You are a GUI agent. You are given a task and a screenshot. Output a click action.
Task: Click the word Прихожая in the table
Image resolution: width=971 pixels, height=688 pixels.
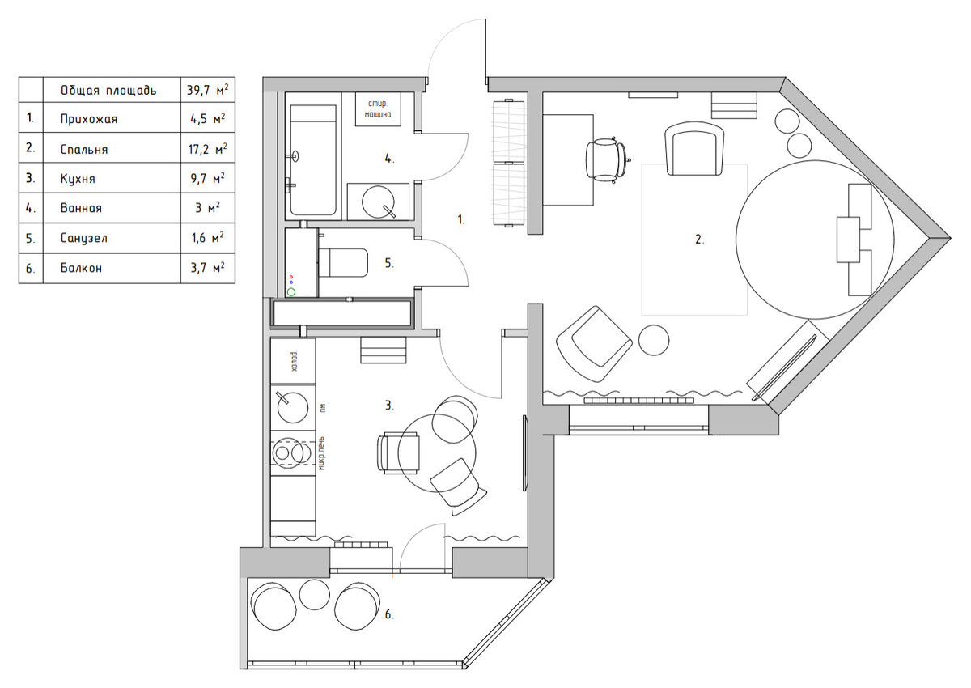(x=89, y=119)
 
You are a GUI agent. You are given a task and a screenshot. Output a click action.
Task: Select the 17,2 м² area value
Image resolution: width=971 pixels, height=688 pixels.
(x=207, y=148)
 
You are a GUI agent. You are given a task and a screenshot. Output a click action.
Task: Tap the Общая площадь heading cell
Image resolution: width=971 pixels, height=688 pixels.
(x=108, y=90)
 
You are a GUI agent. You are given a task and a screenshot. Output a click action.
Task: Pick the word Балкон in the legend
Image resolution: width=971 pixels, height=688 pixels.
(x=81, y=268)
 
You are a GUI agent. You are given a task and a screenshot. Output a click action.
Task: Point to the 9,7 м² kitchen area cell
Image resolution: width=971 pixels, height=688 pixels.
(x=208, y=178)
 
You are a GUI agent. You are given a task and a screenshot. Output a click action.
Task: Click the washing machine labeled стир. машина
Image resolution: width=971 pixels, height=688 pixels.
(x=378, y=109)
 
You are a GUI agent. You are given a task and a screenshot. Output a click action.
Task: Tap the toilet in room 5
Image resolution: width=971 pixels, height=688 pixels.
(x=343, y=263)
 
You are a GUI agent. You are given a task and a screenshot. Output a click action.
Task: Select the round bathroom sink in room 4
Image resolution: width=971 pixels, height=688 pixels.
(x=378, y=202)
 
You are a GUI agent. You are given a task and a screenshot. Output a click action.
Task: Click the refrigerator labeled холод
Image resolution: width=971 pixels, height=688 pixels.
(x=293, y=361)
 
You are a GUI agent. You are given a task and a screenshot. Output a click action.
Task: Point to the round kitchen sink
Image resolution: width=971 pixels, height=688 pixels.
(x=293, y=407)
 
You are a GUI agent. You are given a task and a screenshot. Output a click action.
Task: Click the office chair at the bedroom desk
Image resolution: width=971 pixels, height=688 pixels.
(x=605, y=159)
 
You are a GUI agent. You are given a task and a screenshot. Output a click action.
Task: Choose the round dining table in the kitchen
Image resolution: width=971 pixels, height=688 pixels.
(x=436, y=452)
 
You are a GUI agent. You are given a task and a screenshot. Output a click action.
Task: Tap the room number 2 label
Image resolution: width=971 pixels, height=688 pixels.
(x=699, y=239)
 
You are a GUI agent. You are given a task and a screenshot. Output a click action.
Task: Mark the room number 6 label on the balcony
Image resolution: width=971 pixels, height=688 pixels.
(x=389, y=614)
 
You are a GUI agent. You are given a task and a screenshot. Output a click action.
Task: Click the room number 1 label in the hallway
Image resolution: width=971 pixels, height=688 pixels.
(x=460, y=220)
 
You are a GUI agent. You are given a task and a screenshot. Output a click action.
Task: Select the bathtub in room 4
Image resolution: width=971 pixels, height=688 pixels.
(x=313, y=160)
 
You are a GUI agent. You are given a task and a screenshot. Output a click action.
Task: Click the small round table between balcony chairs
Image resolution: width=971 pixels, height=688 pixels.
(x=315, y=594)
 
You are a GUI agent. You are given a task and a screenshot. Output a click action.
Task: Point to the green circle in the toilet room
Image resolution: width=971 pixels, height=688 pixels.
(x=290, y=292)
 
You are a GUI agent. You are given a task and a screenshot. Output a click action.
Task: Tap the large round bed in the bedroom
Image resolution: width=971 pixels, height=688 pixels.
(x=815, y=240)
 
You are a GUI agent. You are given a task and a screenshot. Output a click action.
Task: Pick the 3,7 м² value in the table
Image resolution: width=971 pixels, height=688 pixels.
(x=208, y=267)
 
